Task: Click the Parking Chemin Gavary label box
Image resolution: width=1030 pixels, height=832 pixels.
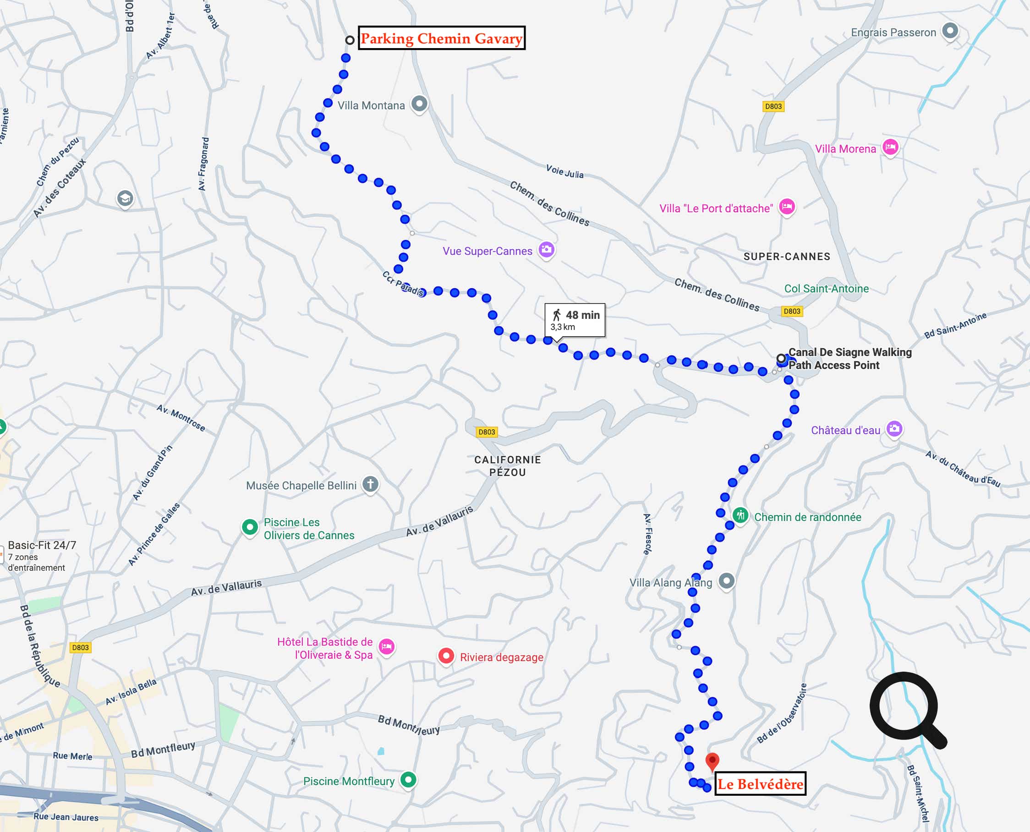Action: (441, 38)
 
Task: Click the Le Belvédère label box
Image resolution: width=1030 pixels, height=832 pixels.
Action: (760, 784)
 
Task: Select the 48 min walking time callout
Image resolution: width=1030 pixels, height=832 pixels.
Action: (575, 320)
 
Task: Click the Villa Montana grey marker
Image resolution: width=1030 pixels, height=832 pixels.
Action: (419, 104)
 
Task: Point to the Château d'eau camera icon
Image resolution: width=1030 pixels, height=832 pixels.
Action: (894, 428)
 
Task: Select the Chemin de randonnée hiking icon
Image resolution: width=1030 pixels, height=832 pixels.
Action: (740, 516)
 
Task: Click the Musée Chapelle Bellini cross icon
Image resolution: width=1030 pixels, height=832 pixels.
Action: (370, 484)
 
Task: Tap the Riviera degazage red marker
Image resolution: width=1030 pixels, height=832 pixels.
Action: (446, 656)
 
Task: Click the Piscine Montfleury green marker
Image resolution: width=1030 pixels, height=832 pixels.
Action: (408, 780)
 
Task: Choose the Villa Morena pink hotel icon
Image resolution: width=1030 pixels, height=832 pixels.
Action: (890, 147)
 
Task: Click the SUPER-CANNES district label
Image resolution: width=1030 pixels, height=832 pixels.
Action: (787, 257)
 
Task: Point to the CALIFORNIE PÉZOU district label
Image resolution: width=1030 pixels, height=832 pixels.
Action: (508, 466)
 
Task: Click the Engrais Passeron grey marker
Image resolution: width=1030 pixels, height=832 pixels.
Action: (949, 31)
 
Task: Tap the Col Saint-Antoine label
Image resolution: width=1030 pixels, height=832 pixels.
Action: (826, 289)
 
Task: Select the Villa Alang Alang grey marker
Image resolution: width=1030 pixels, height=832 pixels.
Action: (727, 581)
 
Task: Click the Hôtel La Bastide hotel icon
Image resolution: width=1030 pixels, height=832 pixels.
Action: (386, 647)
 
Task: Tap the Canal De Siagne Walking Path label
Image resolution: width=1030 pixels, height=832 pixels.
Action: (850, 358)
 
